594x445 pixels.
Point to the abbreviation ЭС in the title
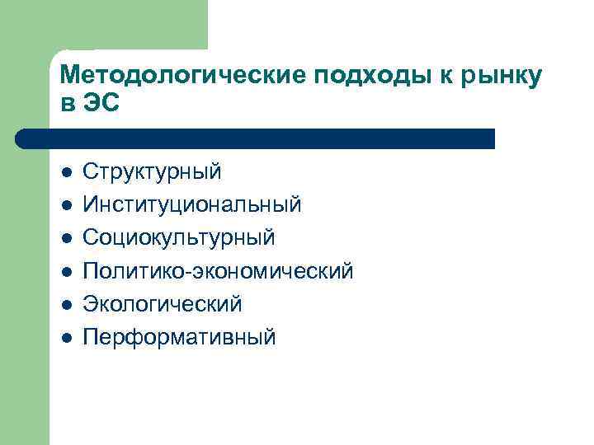(x=102, y=105)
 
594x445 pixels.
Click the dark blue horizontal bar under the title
(x=256, y=138)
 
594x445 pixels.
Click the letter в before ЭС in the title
(x=68, y=105)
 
